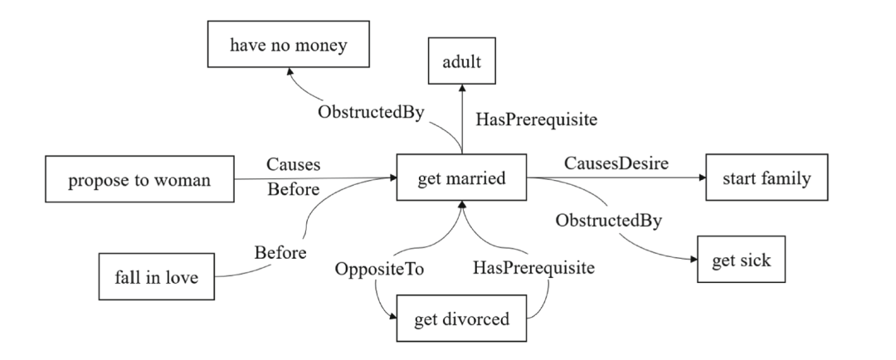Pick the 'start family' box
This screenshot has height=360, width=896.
click(767, 177)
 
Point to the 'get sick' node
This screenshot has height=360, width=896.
click(741, 260)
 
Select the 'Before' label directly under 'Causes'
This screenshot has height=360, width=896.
click(293, 190)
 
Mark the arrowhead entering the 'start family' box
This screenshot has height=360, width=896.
click(701, 177)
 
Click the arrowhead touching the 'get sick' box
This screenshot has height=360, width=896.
click(694, 260)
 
